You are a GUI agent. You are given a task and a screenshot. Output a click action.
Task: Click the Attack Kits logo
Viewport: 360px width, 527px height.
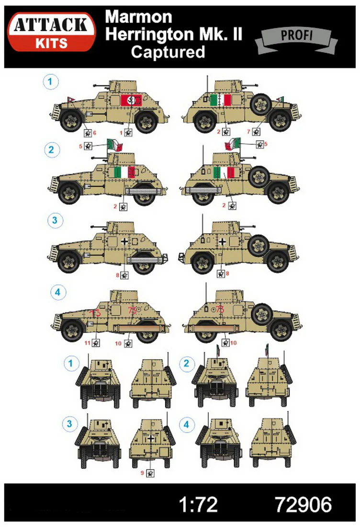tap(52, 32)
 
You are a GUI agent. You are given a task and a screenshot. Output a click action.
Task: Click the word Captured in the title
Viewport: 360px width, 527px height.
tap(168, 52)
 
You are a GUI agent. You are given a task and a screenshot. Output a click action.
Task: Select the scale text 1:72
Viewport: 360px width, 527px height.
tap(198, 505)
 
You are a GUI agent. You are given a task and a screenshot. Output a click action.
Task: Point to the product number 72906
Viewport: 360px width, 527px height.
tap(303, 505)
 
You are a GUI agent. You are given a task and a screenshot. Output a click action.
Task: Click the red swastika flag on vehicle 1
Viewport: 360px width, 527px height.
tap(131, 100)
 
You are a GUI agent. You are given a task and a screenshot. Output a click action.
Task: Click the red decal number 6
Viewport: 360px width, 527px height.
tap(95, 133)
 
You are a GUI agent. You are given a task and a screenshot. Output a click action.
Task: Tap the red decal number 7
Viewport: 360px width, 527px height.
tap(249, 132)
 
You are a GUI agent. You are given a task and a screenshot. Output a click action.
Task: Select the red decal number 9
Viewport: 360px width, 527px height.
tap(142, 473)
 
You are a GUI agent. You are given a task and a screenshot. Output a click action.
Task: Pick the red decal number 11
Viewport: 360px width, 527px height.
tap(87, 343)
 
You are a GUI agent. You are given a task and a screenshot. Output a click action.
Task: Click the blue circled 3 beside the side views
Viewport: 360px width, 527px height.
tap(55, 220)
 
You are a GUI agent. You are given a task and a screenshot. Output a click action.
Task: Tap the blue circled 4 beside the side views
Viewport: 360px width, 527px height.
tap(57, 292)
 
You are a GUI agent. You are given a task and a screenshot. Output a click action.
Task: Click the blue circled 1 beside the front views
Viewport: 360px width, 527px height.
tap(70, 363)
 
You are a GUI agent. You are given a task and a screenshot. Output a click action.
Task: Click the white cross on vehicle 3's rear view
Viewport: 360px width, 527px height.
tap(151, 438)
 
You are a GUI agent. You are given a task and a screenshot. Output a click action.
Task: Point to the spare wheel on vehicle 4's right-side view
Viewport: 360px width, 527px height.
tap(262, 315)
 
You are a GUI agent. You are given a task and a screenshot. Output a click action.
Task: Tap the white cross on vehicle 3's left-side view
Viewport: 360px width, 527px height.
tap(124, 241)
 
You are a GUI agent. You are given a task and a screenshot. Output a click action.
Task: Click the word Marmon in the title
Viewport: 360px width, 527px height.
tap(138, 17)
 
